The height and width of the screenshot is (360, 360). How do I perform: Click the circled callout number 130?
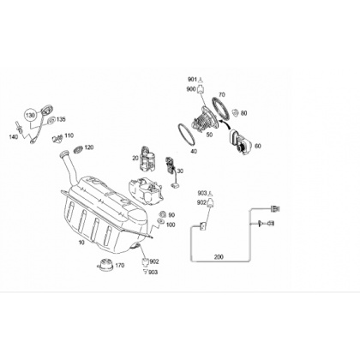pos(30,116)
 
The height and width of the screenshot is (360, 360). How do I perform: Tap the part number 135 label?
pos(61,119)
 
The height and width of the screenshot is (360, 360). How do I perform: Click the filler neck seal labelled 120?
pos(78,149)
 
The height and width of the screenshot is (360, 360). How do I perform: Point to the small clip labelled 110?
pos(57,138)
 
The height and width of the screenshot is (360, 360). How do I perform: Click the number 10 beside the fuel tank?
pos(81,243)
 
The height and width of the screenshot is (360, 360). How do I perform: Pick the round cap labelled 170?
pos(105,264)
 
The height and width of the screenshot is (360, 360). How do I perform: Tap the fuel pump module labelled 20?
pos(147,159)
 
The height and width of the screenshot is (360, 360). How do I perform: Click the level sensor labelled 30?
pos(171,171)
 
